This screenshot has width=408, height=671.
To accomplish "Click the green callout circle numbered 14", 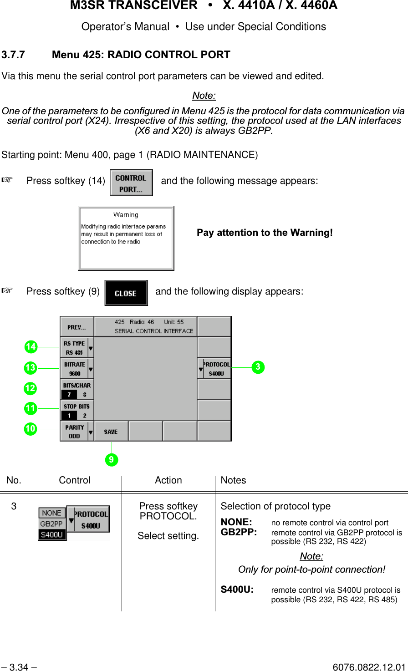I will (31, 347).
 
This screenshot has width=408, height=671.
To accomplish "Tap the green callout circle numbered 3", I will (258, 367).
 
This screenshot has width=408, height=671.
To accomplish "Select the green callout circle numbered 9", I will (111, 460).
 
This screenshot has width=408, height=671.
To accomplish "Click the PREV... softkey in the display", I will (76, 327).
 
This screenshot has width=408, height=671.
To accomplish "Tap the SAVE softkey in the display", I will (111, 432).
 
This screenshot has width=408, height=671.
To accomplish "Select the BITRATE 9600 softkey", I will (75, 369).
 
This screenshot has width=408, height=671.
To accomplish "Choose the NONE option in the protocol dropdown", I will (51, 513).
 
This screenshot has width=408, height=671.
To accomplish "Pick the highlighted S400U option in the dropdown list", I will (52, 535).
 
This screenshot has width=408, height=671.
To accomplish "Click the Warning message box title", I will (126, 215).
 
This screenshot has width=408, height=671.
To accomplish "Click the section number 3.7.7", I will (13, 55).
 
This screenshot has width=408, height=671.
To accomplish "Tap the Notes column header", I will (233, 480).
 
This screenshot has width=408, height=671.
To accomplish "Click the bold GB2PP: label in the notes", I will (239, 532).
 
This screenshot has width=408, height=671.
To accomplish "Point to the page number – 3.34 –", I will (19, 667).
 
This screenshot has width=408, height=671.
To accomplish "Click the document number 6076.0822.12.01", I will (369, 667).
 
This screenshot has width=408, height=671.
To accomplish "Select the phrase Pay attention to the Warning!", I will (265, 233).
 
